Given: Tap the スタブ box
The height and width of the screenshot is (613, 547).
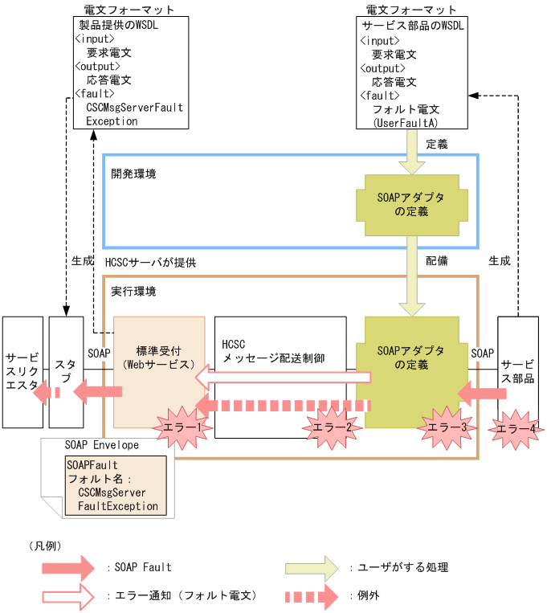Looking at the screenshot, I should (x=65, y=371).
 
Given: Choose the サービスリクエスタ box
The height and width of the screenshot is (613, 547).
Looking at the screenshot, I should (x=22, y=371).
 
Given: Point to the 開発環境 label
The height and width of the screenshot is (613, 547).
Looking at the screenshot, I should (x=133, y=174).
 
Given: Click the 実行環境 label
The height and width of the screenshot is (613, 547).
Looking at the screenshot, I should (x=133, y=290).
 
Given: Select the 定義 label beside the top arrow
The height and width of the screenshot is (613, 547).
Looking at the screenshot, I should (x=437, y=144).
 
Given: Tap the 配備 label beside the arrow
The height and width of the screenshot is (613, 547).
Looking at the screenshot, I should (x=437, y=261).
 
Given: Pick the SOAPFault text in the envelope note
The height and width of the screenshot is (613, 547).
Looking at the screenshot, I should (x=92, y=464).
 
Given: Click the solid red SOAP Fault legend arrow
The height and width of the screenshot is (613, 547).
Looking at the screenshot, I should (x=68, y=567).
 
